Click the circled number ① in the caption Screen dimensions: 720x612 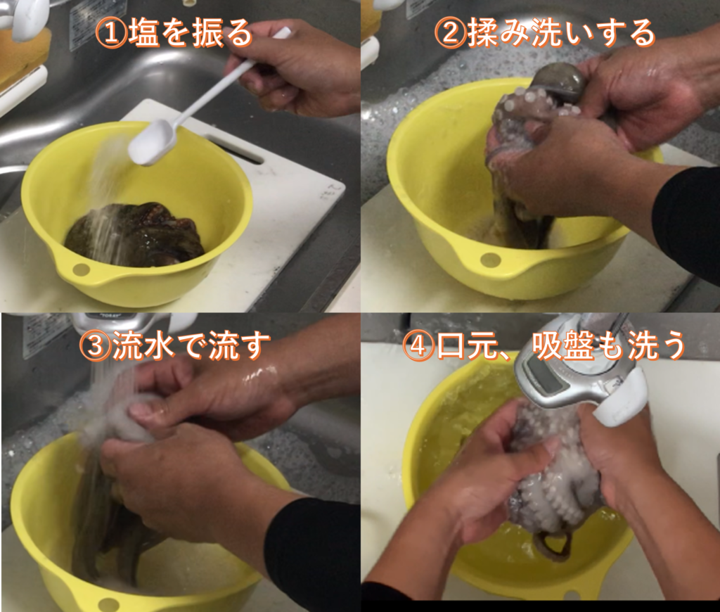click(x=110, y=33)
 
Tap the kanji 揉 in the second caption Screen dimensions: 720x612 click(x=483, y=33)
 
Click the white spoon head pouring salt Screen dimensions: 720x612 click(x=151, y=142)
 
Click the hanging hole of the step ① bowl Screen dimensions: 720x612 click(x=80, y=269)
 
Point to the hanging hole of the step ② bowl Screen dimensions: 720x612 click(x=490, y=260)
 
